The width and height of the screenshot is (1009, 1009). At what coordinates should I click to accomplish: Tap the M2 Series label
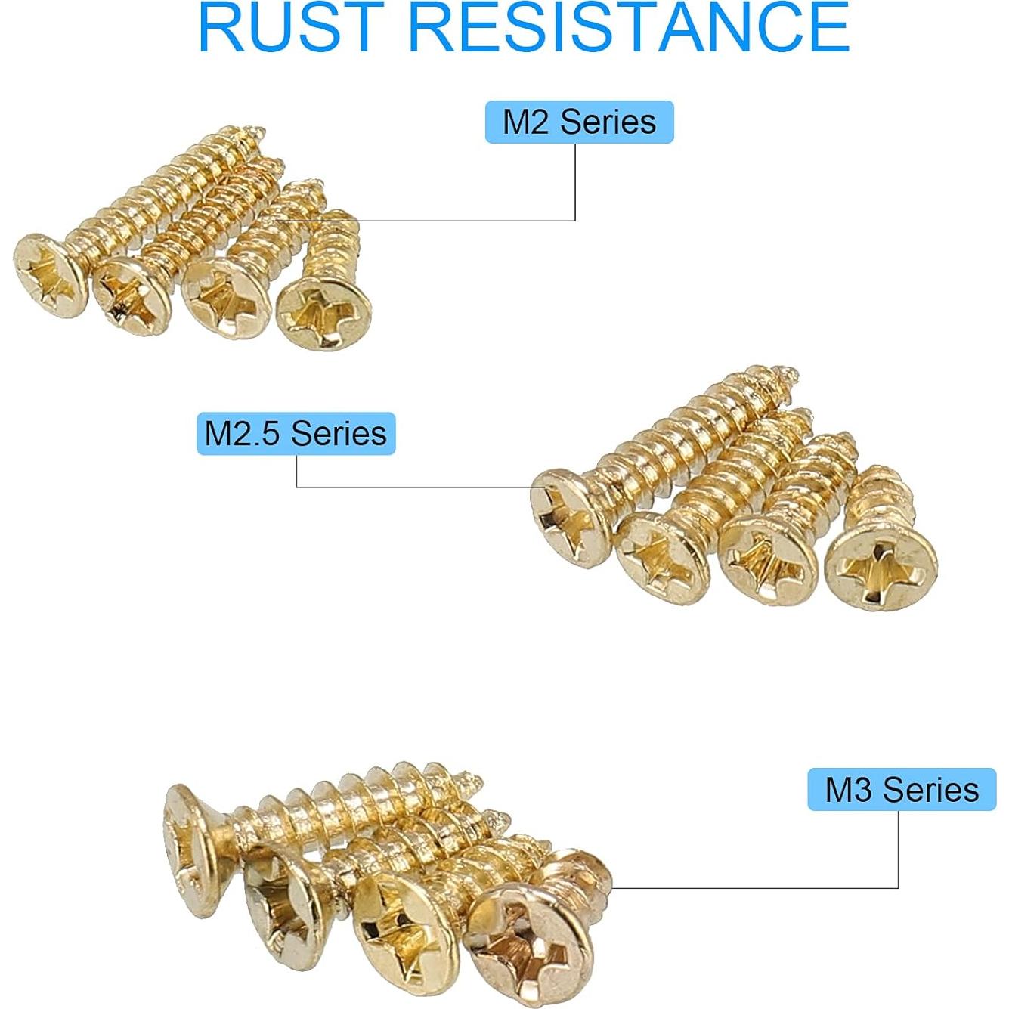[579, 122]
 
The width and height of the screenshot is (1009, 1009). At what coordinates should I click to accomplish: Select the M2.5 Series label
[296, 433]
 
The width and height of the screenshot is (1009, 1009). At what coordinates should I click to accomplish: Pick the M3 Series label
[902, 790]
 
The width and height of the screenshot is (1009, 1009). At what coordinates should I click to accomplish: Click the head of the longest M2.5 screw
[570, 516]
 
